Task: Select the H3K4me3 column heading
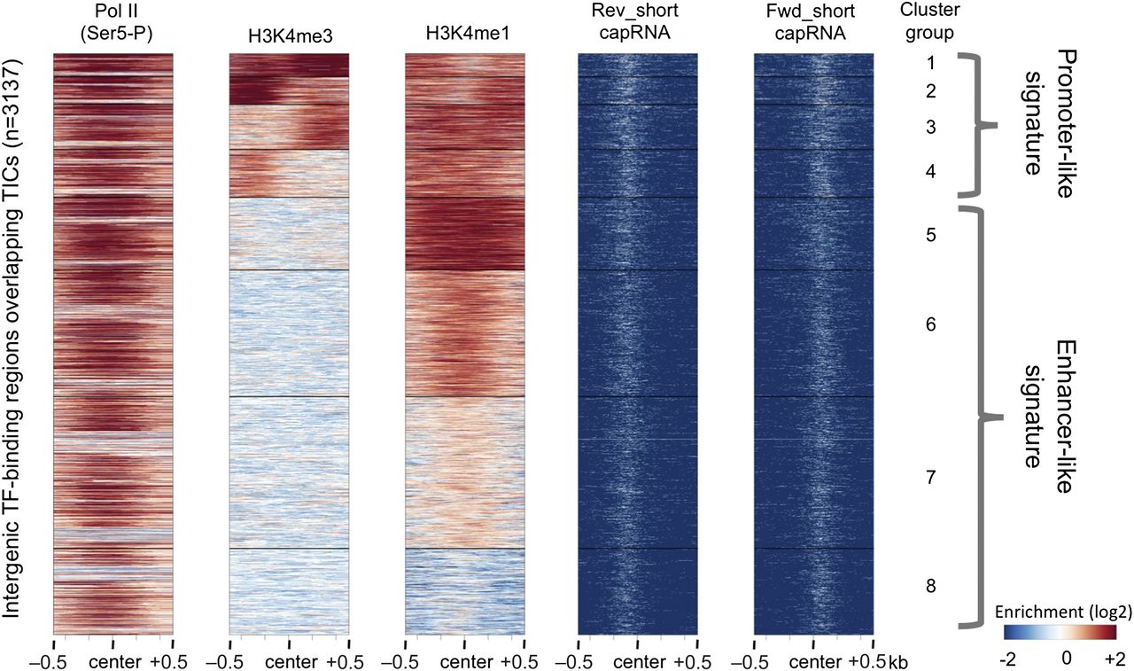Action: point(289,34)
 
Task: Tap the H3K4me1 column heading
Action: point(463,34)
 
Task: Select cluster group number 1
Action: point(930,63)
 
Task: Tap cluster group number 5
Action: point(930,236)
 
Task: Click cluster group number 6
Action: point(930,325)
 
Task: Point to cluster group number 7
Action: point(930,478)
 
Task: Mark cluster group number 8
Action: point(930,586)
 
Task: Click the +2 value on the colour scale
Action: point(1115,657)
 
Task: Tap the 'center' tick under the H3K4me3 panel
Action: point(289,662)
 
